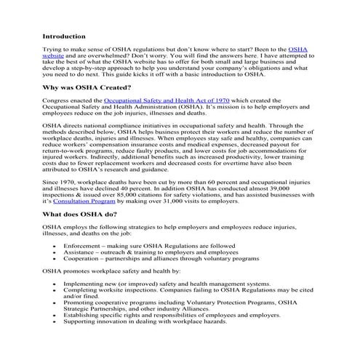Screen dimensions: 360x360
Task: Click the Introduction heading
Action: coord(64,36)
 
